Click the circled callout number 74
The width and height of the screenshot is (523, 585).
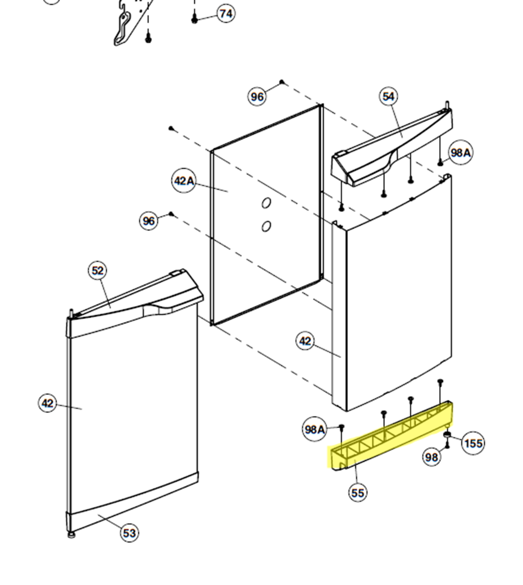226,14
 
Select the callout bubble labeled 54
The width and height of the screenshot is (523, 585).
389,97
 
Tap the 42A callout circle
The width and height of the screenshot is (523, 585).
184,181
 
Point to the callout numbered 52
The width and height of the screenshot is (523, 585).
97,271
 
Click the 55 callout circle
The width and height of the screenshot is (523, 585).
358,493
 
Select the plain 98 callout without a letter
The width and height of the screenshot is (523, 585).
432,457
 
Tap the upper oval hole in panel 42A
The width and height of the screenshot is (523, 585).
266,203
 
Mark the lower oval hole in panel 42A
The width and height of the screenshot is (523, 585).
266,226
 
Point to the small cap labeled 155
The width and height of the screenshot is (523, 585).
447,434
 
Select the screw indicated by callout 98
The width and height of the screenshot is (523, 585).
447,446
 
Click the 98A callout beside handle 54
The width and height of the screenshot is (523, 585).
461,153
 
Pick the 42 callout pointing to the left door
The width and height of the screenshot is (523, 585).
48,403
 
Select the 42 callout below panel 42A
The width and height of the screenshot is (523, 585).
305,341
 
